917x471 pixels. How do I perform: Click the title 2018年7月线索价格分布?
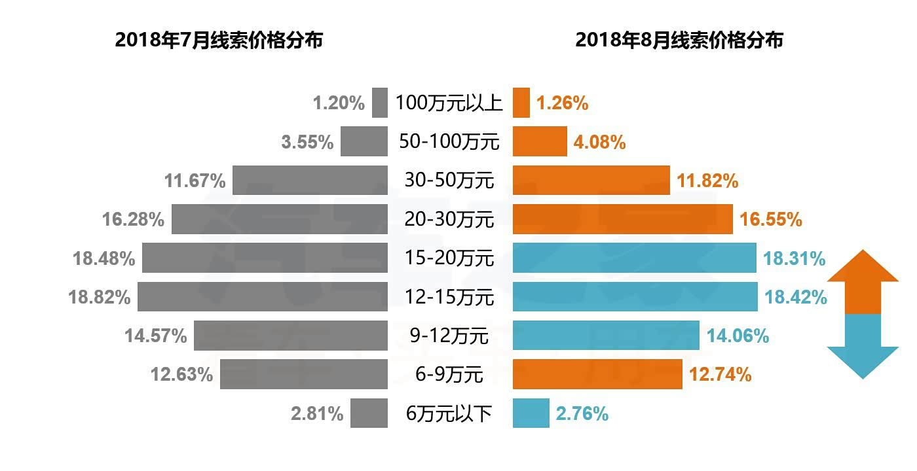pyautogui.click(x=219, y=40)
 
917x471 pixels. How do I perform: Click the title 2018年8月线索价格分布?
pyautogui.click(x=679, y=40)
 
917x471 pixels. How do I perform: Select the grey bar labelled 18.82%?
pyautogui.click(x=262, y=296)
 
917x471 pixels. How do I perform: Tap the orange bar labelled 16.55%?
pyautogui.click(x=622, y=219)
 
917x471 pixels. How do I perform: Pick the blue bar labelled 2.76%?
pyautogui.click(x=531, y=413)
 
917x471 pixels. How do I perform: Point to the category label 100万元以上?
pyautogui.click(x=449, y=103)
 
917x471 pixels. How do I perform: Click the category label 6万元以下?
pyautogui.click(x=449, y=413)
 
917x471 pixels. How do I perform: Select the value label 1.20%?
pyautogui.click(x=339, y=103)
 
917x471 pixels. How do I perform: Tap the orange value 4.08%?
pyautogui.click(x=599, y=142)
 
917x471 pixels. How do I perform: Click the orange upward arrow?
pyautogui.click(x=863, y=281)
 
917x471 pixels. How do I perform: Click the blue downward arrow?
pyautogui.click(x=863, y=347)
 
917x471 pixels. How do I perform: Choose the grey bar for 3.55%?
pyautogui.click(x=364, y=141)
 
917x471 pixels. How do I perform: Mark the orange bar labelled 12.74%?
pyautogui.click(x=597, y=374)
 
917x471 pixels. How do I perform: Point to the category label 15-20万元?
pyautogui.click(x=449, y=258)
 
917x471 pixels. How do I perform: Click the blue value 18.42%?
pyautogui.click(x=795, y=298)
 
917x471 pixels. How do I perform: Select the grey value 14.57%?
pyautogui.click(x=156, y=336)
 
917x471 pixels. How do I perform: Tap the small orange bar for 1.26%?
pyautogui.click(x=521, y=103)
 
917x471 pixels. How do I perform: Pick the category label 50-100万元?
pyautogui.click(x=449, y=142)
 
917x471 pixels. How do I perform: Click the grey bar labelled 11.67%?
pyautogui.click(x=310, y=180)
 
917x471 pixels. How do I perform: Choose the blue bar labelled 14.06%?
pyautogui.click(x=606, y=336)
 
